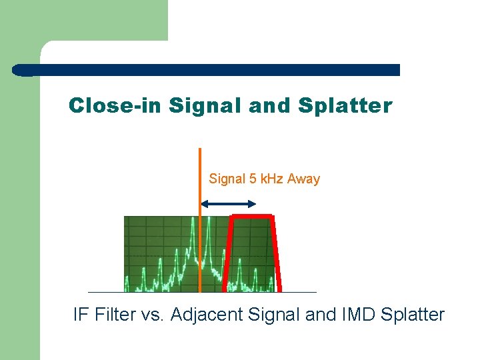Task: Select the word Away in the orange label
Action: (x=303, y=179)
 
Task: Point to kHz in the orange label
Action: (x=271, y=179)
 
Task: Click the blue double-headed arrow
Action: (x=228, y=204)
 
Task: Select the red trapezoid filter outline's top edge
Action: (x=252, y=216)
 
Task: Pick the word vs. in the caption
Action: (x=153, y=315)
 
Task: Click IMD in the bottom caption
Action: (x=359, y=315)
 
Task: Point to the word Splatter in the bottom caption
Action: (x=413, y=315)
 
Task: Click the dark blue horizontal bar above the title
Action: (x=207, y=69)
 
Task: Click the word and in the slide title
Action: (x=273, y=106)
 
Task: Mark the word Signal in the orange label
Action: (x=227, y=179)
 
